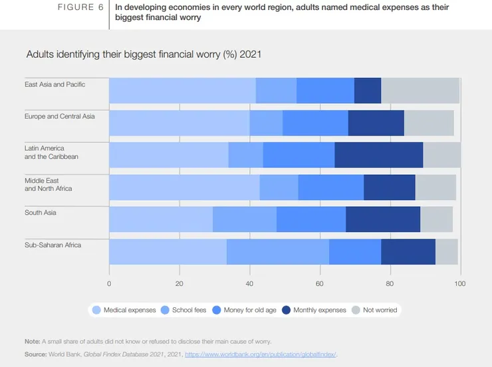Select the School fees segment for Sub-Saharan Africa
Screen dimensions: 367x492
[278, 252]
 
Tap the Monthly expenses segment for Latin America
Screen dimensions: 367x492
[379, 155]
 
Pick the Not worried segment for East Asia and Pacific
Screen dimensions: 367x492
[420, 90]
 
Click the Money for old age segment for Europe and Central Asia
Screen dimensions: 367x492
[315, 123]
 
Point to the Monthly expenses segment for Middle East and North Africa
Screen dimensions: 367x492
[390, 187]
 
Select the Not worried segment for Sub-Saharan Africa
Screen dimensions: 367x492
[447, 252]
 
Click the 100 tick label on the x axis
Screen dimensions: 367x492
[459, 283]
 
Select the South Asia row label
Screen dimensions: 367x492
[41, 213]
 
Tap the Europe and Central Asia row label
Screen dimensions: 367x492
[60, 116]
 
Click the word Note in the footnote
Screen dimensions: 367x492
[33, 342]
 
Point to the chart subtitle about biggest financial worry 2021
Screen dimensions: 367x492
[143, 54]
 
